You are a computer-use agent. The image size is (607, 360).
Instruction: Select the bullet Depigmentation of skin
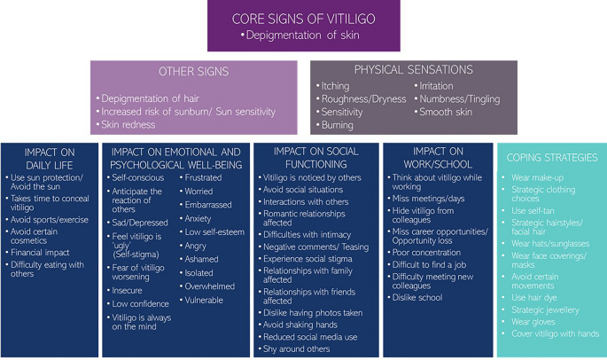tap(303, 35)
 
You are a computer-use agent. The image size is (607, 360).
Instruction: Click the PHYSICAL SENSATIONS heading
tap(412, 69)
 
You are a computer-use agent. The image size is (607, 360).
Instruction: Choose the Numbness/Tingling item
tap(460, 99)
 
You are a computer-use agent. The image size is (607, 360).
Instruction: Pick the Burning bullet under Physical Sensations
tap(338, 125)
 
